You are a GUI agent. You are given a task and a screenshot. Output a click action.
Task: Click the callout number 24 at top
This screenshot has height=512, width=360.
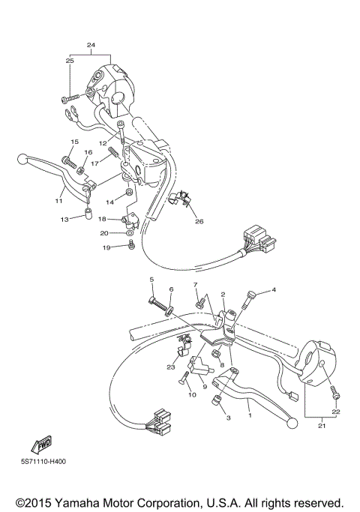click(91, 45)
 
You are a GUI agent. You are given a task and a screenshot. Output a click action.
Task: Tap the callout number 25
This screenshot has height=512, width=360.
click(70, 60)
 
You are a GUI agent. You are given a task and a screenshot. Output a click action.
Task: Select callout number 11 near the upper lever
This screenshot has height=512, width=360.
click(58, 201)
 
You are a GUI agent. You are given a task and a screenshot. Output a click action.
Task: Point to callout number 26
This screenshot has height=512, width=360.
click(198, 221)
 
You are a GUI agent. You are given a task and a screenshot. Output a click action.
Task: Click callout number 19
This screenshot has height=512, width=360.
click(106, 247)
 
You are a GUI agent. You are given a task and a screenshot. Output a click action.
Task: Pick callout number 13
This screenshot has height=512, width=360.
click(65, 219)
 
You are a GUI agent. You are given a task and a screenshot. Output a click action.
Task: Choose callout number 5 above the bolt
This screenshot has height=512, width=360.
click(151, 280)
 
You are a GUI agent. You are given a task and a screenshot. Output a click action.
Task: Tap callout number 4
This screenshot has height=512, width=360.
click(273, 289)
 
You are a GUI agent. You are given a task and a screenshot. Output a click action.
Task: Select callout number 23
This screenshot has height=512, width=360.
click(170, 367)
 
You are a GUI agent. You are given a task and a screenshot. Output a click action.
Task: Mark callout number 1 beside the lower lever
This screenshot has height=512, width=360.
click(250, 412)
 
